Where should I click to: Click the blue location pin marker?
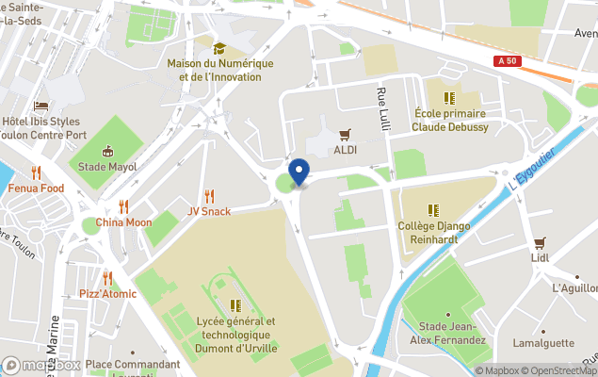click(299, 172)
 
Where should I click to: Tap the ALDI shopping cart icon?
click(346, 135)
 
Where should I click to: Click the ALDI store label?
click(346, 151)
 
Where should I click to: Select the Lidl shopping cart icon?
click(540, 242)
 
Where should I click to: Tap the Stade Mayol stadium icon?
click(107, 151)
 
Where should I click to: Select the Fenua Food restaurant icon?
click(36, 172)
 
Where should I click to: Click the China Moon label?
click(123, 222)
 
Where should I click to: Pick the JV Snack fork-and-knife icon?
click(209, 196)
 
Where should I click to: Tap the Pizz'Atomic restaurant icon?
click(107, 278)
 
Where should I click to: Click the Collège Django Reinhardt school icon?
click(433, 210)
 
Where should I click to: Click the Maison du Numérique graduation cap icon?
click(219, 48)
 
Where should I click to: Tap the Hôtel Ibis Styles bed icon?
click(40, 107)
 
